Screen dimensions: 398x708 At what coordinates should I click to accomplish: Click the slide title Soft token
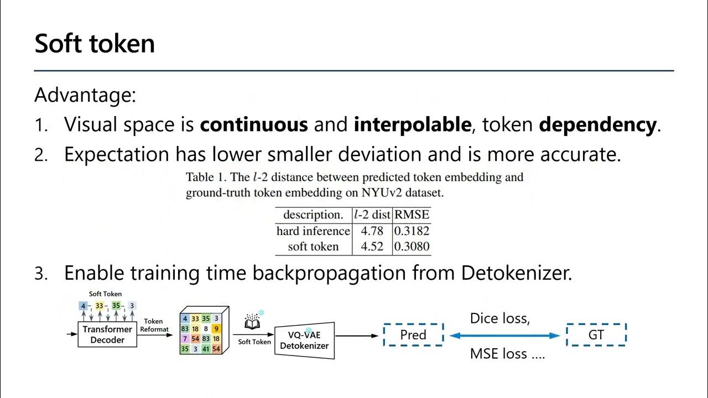coord(95,43)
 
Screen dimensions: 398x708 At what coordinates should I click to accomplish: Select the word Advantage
coord(85,95)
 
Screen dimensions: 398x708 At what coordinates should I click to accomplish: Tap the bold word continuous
coord(254,124)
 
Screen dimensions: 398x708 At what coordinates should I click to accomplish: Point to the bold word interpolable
coord(412,124)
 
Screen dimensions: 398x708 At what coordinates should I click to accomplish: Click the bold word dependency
coord(597,124)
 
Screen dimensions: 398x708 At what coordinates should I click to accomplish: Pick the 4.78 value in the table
coord(372,231)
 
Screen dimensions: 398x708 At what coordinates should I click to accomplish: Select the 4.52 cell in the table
coord(372,247)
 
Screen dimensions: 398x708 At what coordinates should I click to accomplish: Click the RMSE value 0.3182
coord(411,231)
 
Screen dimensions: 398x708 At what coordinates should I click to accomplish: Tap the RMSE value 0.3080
coord(411,247)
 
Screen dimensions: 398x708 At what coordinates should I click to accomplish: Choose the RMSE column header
coord(411,214)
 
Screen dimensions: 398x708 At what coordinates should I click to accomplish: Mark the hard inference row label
coord(313,231)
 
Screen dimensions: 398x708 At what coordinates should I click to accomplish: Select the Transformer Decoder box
coord(107,334)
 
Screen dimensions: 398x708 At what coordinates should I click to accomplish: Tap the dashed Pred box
coord(413,335)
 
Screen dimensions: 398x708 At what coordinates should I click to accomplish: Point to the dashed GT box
coord(596,335)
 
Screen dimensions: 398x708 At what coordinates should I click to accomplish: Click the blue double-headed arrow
coord(504,336)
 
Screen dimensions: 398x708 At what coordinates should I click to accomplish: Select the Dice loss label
coord(499,318)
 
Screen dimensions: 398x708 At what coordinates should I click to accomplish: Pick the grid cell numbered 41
coord(205,349)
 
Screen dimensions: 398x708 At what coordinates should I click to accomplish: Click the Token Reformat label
coord(153,326)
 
